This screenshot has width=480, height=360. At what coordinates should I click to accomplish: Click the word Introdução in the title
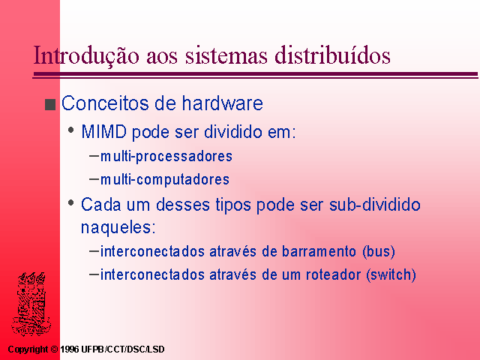(x=86, y=55)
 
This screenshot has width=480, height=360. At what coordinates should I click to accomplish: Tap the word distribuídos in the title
(x=332, y=55)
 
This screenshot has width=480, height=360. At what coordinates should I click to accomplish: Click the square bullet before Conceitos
(x=50, y=104)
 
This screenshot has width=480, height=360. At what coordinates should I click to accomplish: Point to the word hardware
(x=223, y=103)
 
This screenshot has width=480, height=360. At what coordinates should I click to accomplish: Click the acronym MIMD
(x=103, y=132)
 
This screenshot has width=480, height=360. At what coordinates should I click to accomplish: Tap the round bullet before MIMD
(x=71, y=130)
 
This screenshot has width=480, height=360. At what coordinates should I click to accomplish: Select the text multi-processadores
(x=166, y=156)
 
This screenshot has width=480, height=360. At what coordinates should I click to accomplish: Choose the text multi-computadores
(x=165, y=179)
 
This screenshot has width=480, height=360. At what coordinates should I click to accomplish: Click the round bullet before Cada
(x=71, y=202)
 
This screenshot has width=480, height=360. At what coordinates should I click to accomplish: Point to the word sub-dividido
(x=375, y=204)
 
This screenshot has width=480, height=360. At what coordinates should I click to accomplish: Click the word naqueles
(x=118, y=228)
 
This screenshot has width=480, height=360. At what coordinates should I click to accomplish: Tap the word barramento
(x=319, y=251)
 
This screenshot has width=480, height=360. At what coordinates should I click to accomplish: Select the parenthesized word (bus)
(x=379, y=252)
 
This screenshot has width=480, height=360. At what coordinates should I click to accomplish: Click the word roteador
(x=333, y=274)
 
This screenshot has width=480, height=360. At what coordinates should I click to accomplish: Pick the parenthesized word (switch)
(x=391, y=274)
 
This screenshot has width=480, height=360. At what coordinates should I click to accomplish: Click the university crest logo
(x=31, y=304)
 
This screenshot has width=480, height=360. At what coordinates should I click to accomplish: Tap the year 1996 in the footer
(x=70, y=349)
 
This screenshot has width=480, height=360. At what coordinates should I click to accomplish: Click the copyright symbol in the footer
(x=54, y=349)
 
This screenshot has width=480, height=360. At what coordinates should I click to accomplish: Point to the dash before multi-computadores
(x=94, y=178)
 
